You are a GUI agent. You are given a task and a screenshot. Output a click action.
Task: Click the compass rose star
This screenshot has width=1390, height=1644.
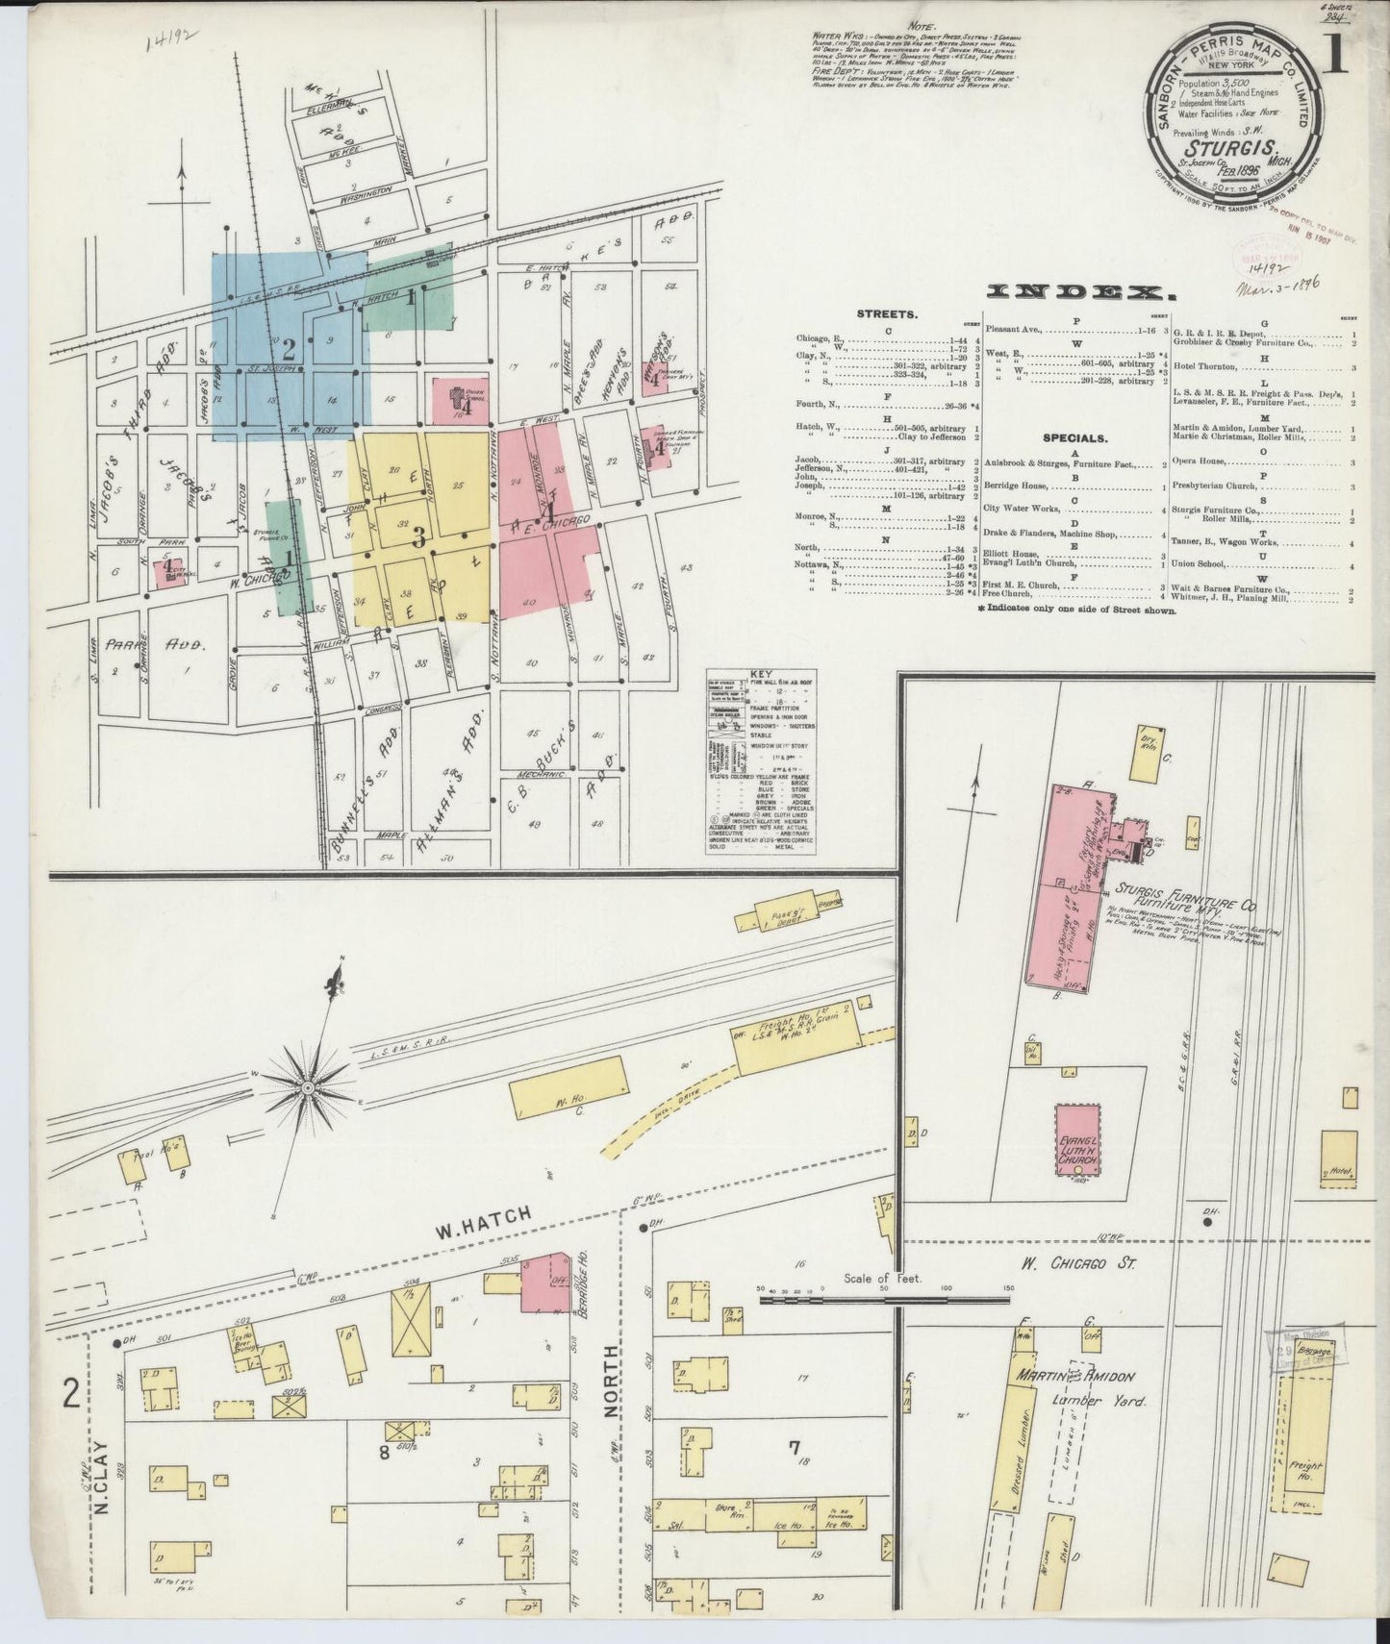tap(307, 1087)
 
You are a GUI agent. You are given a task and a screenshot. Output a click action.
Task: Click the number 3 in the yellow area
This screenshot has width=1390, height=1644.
tap(419, 538)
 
